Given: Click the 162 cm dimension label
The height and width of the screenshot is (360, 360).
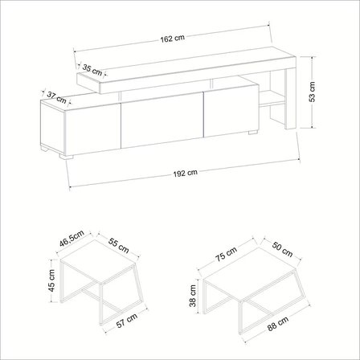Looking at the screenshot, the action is coord(173,39).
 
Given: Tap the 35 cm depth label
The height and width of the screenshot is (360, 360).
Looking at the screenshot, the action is coord(92,70).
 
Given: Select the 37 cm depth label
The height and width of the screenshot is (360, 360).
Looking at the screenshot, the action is coord(56,97).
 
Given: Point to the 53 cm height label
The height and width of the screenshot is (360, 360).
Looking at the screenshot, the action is coord(312,92).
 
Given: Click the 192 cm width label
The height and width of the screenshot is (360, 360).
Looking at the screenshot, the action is coord(185,173).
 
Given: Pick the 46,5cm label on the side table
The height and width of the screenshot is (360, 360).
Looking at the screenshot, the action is coord(72,239).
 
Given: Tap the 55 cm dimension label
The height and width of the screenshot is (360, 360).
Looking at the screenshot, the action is coord(119,245).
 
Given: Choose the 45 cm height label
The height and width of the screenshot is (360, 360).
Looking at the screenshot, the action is coord(51,280).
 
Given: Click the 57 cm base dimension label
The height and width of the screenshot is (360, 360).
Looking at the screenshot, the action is coord(127,320).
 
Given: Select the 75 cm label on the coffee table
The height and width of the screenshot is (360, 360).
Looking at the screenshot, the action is coord(227,254).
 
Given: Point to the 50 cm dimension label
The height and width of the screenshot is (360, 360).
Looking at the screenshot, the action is coord(282,249).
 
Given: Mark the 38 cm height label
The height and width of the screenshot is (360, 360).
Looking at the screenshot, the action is coord(192,296).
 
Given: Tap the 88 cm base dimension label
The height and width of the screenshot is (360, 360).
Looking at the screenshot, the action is coord(278,324).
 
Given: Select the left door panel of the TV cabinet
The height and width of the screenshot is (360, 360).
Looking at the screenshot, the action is coord(92,129).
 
